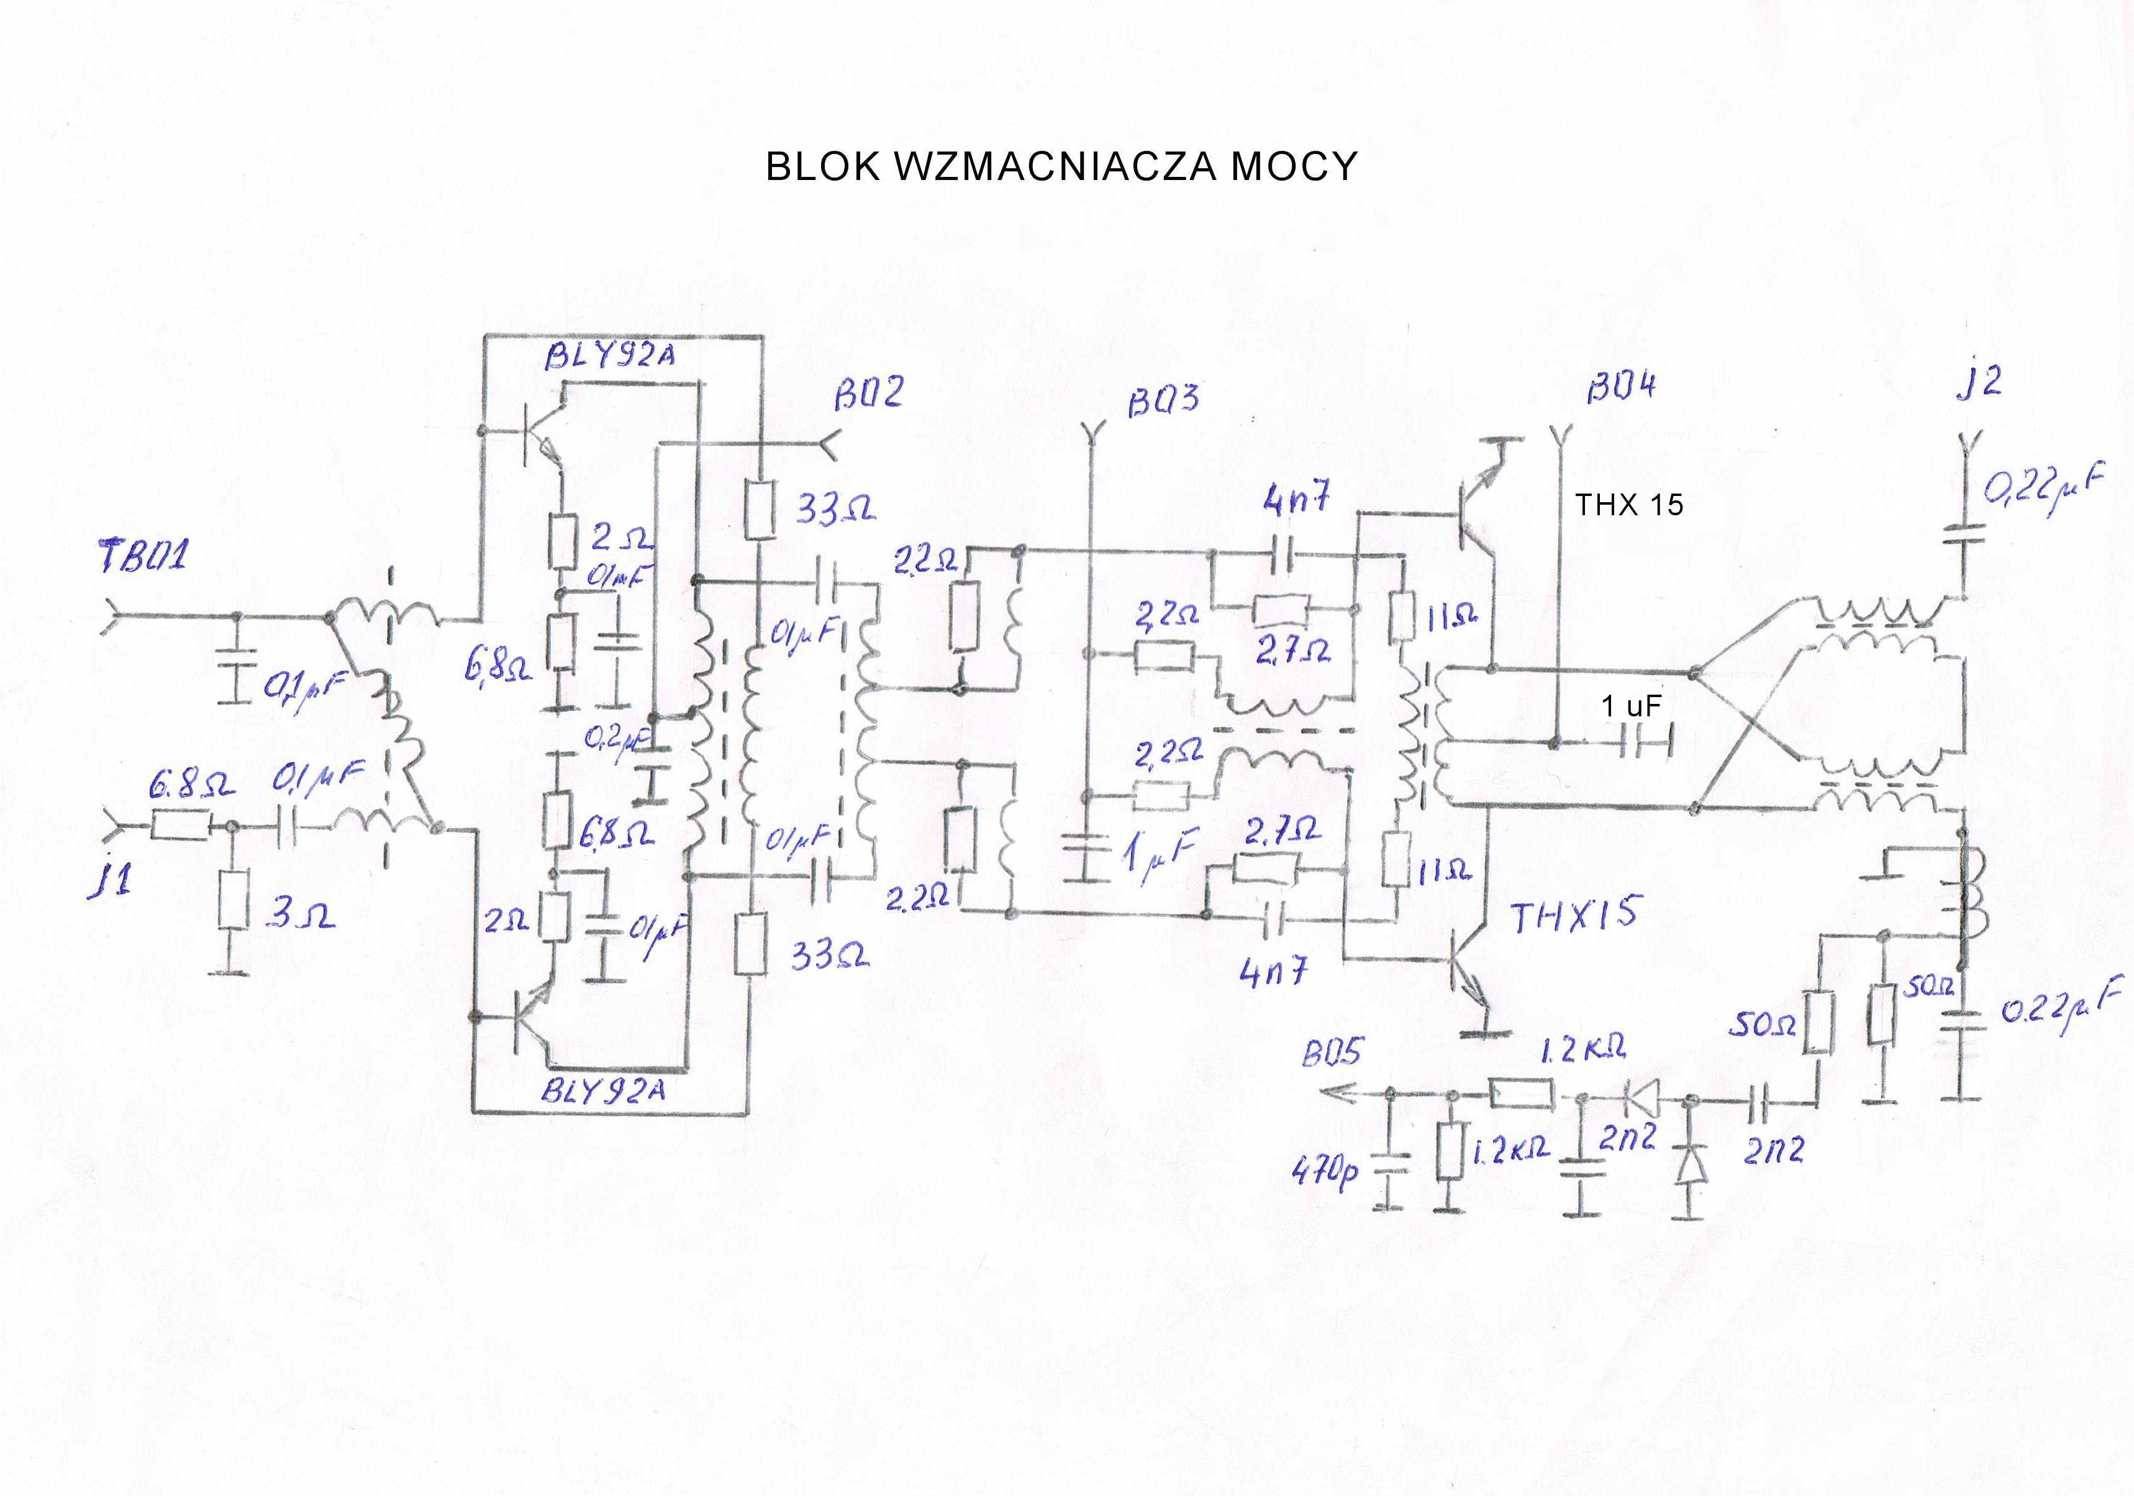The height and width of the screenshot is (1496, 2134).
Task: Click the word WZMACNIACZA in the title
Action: pyautogui.click(x=1056, y=166)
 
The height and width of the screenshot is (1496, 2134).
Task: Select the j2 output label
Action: pyautogui.click(x=1978, y=382)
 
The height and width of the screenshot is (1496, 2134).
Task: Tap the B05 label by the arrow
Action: pyautogui.click(x=1332, y=1053)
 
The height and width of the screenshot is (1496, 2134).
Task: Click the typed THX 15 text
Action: pyautogui.click(x=1628, y=505)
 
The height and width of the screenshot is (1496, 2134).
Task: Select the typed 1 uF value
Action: pyautogui.click(x=1630, y=706)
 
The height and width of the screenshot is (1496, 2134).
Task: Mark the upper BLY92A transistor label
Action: pyautogui.click(x=610, y=356)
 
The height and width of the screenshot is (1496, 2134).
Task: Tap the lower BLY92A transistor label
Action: pyautogui.click(x=604, y=1091)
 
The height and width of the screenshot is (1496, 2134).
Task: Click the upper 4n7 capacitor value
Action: pyautogui.click(x=1297, y=502)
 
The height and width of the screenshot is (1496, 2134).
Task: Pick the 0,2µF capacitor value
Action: pyautogui.click(x=616, y=741)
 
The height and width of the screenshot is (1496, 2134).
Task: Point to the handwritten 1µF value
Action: pyautogui.click(x=1160, y=853)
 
